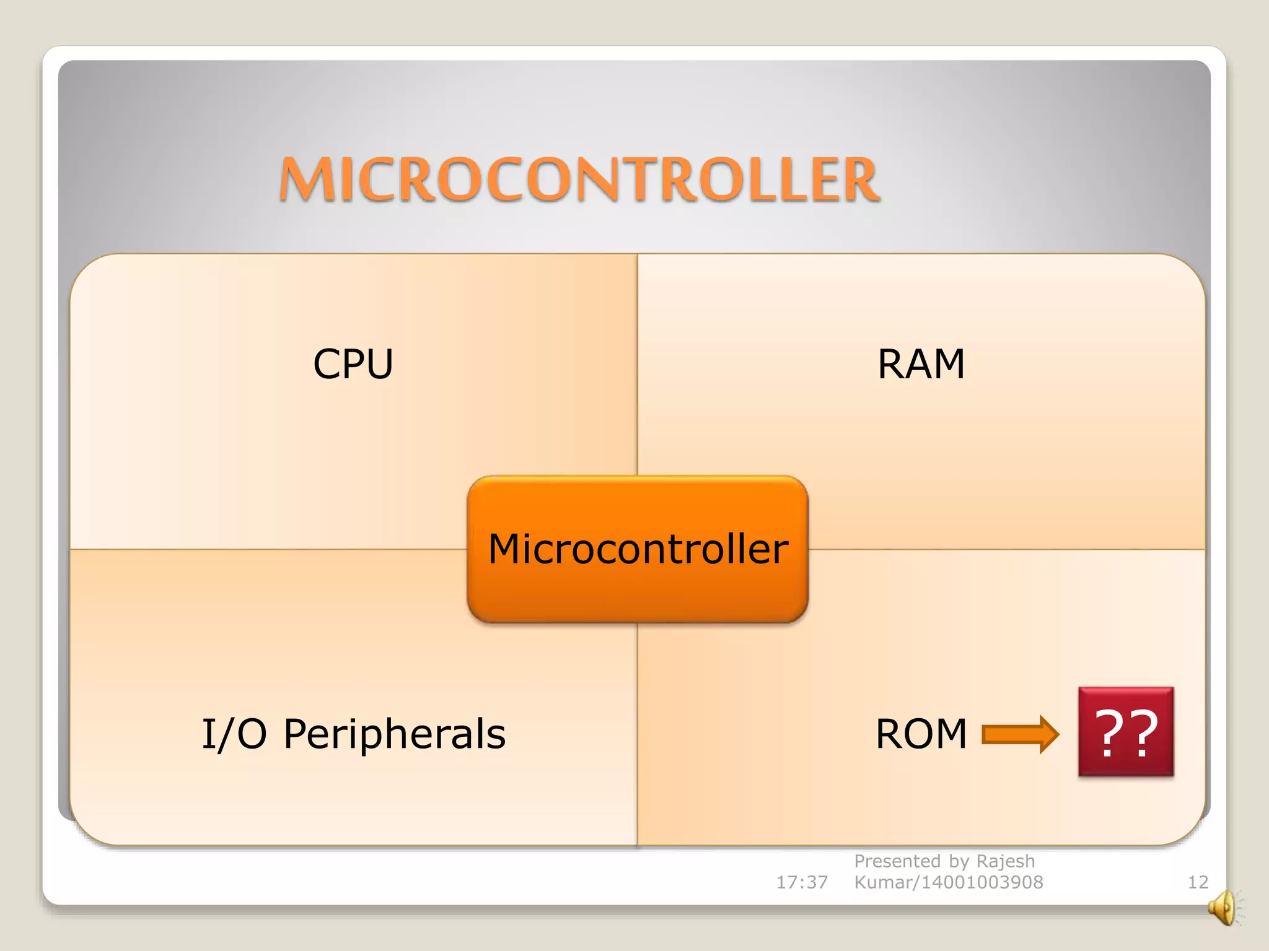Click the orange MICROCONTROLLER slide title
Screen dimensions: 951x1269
[579, 180]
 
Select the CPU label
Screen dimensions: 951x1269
[353, 363]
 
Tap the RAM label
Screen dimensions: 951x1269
[921, 363]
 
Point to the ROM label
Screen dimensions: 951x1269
[921, 734]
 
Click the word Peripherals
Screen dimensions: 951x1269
[395, 735]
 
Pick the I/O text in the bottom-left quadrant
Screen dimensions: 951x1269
[234, 735]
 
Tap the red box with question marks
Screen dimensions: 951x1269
[1126, 731]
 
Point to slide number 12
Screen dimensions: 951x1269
[1198, 882]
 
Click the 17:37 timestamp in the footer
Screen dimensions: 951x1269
[802, 882]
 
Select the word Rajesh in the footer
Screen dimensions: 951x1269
[1005, 861]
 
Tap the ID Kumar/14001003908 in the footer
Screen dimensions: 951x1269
[949, 882]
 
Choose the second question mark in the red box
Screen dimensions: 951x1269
[1143, 732]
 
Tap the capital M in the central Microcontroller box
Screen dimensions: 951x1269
[507, 549]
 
